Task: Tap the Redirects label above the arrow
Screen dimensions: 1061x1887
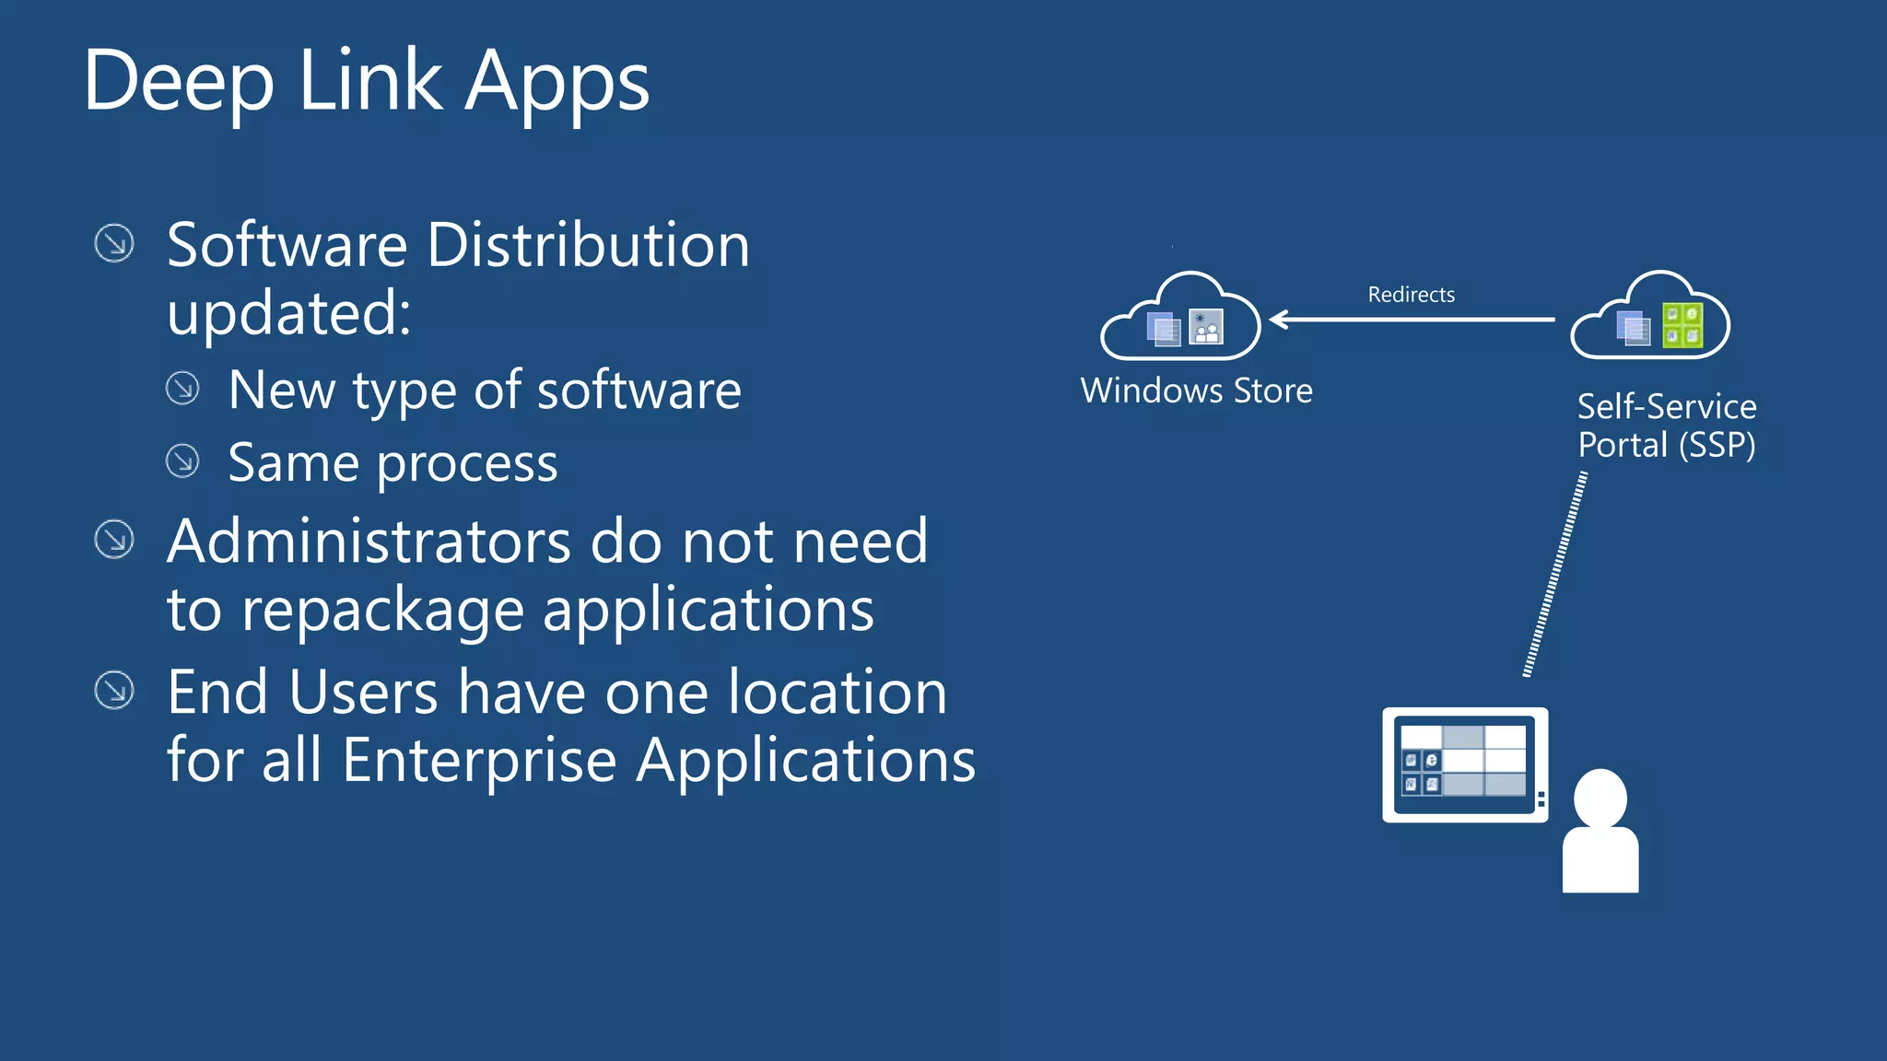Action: [1411, 295]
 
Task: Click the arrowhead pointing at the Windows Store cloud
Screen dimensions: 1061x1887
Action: [1279, 320]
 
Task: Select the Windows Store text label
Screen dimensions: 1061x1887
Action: [1196, 391]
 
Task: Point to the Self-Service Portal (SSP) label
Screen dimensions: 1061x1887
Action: [1666, 426]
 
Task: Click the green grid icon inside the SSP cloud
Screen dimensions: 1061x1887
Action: [1682, 326]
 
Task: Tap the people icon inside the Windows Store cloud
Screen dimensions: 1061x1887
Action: [1206, 327]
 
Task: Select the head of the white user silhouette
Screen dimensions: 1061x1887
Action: [1600, 798]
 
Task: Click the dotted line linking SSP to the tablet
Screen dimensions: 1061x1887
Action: [1555, 575]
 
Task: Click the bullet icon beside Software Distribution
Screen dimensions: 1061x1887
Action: [114, 243]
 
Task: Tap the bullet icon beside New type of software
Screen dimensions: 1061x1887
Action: [182, 388]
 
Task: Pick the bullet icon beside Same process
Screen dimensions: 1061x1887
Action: [182, 461]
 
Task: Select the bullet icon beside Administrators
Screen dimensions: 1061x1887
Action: [114, 539]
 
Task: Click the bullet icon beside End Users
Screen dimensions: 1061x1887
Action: [114, 690]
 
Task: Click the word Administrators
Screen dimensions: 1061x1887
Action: [369, 542]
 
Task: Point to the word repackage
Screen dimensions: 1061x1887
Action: [382, 612]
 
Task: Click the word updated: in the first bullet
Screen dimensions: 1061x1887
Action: [288, 314]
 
